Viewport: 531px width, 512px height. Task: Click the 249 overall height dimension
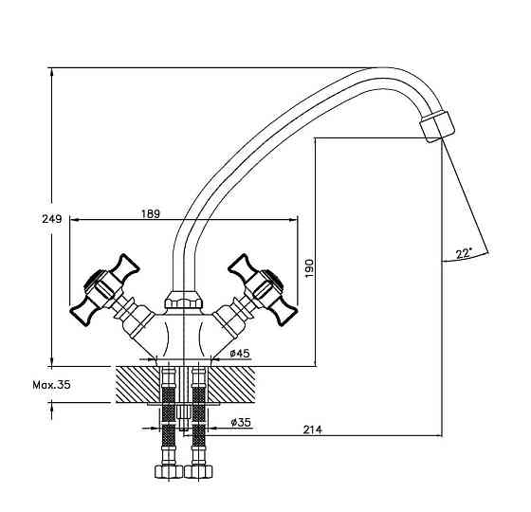52,219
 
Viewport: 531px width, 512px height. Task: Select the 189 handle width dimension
151,213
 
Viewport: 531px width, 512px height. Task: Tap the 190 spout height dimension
309,268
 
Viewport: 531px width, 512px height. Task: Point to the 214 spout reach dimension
312,430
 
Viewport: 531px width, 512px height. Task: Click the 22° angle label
464,253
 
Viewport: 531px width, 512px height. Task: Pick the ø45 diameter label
239,354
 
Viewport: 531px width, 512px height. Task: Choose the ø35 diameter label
241,422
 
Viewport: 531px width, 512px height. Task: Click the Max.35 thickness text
51,385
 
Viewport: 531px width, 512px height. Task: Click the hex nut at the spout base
184,300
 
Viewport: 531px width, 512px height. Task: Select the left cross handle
105,290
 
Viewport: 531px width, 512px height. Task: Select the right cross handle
263,290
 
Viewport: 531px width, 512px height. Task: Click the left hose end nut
169,471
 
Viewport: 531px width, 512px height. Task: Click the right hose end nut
198,471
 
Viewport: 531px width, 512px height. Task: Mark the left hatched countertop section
137,385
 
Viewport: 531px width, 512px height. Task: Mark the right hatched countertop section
231,385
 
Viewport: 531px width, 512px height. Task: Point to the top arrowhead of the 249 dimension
51,73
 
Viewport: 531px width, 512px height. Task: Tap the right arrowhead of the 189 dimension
293,220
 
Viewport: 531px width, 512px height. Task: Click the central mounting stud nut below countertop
182,412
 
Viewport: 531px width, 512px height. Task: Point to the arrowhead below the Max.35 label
51,408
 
